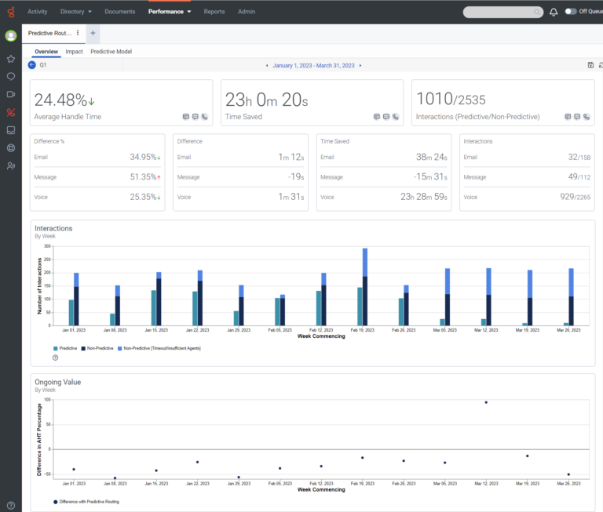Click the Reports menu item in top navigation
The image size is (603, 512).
[214, 12]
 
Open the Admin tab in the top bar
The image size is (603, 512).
[247, 12]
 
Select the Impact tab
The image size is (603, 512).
[75, 52]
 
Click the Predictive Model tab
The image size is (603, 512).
[111, 52]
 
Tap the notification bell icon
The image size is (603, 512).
[554, 12]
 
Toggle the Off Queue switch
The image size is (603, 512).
[571, 12]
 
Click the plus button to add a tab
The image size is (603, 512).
[93, 33]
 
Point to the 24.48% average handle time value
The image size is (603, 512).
[60, 100]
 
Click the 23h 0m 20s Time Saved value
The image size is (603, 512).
[266, 100]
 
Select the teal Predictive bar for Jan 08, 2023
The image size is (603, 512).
[112, 319]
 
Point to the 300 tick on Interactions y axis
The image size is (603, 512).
[48, 246]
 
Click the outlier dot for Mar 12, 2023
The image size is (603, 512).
[486, 402]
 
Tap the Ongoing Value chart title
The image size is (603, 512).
[57, 382]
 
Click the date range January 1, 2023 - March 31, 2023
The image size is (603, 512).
[312, 65]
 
